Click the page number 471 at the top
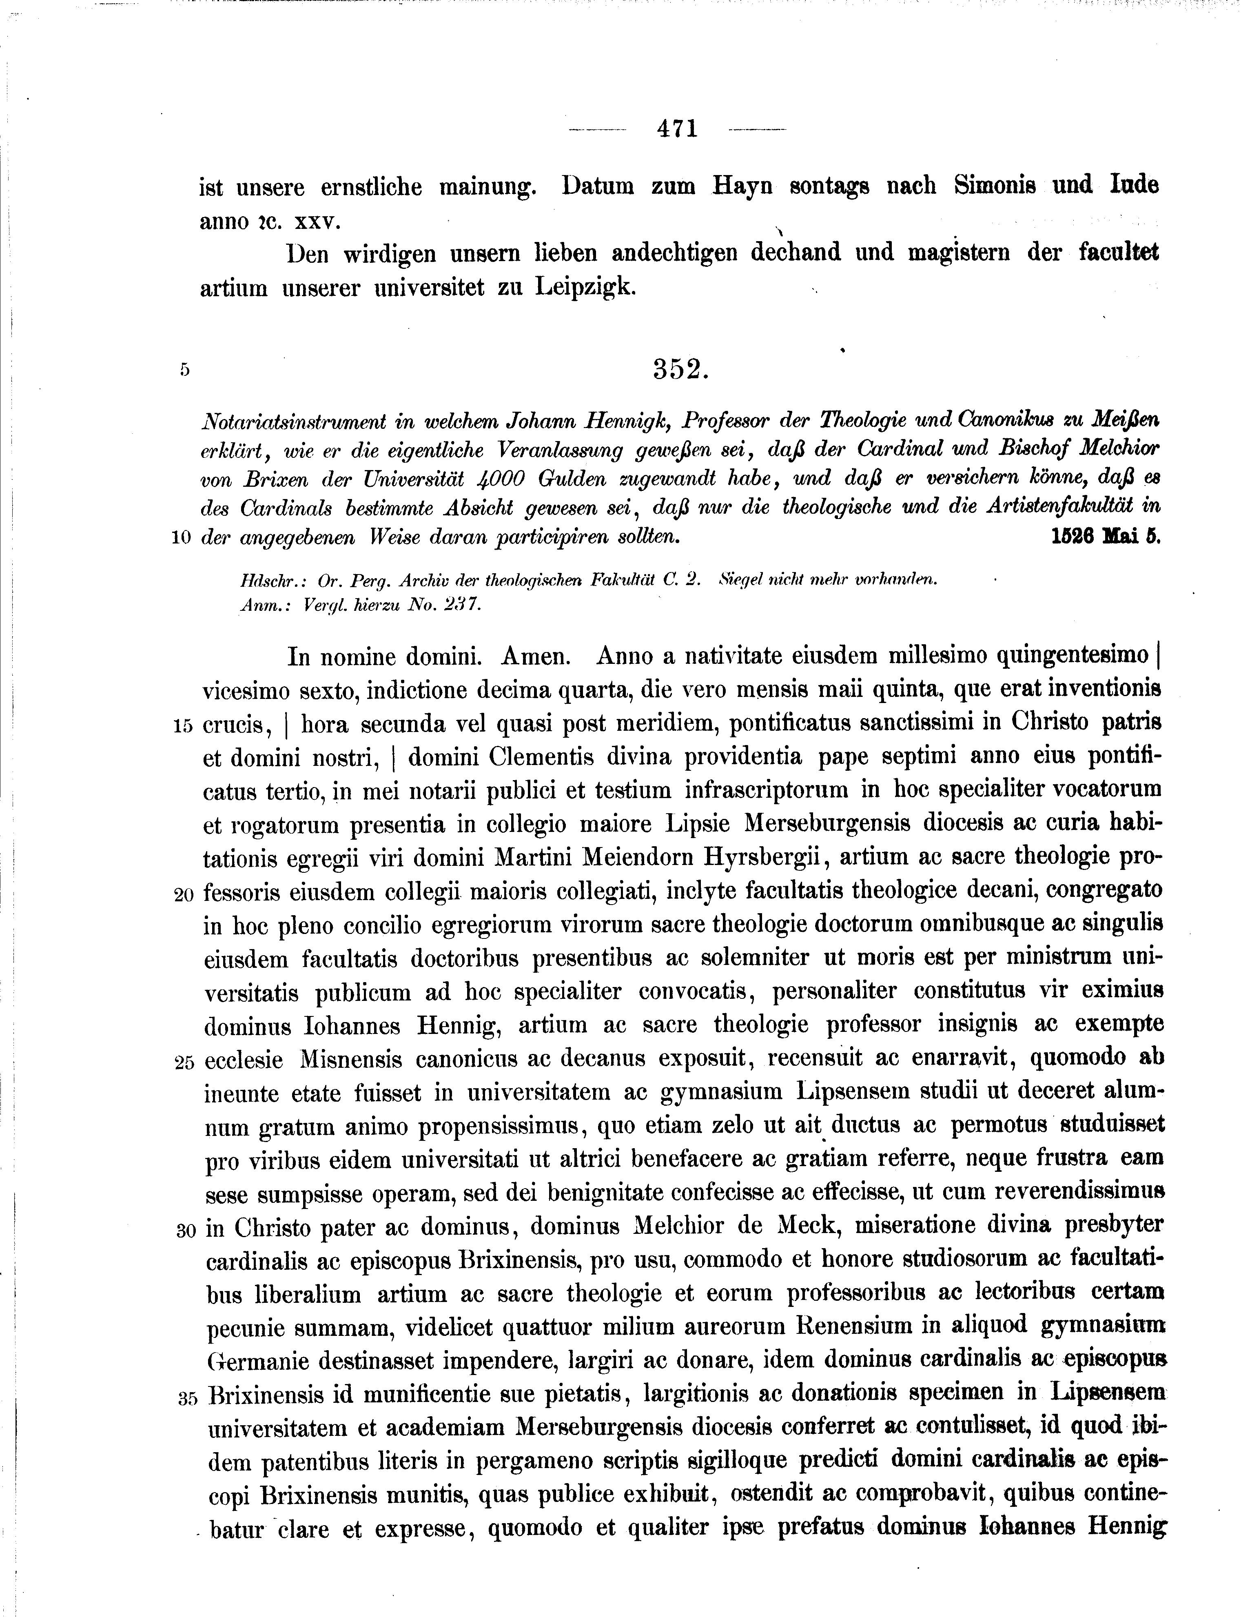click(677, 129)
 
